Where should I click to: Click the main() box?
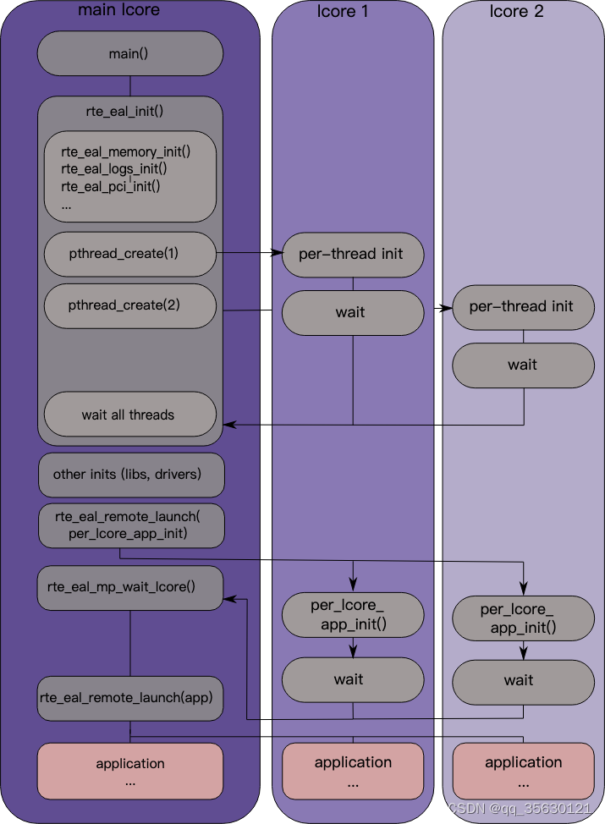point(129,53)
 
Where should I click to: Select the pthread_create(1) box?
point(129,254)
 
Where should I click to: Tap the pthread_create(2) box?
point(129,306)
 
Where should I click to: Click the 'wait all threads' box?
point(129,414)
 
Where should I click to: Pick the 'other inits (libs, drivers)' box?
point(131,475)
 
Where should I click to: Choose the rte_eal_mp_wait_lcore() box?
point(129,587)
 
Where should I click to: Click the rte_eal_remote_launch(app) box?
point(129,699)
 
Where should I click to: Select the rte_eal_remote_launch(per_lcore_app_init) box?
point(131,525)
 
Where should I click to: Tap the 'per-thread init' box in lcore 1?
point(353,255)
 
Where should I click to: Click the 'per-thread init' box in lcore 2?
point(524,307)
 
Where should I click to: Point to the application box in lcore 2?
point(524,771)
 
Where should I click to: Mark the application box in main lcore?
point(129,771)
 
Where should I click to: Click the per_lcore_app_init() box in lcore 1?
point(353,615)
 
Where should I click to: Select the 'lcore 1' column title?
point(343,11)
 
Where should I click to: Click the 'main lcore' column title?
point(118,9)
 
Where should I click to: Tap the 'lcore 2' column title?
point(517,11)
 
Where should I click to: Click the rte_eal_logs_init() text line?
point(114,168)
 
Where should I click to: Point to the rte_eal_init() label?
point(124,112)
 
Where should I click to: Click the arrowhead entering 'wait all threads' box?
point(229,424)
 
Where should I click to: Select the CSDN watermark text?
point(520,808)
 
